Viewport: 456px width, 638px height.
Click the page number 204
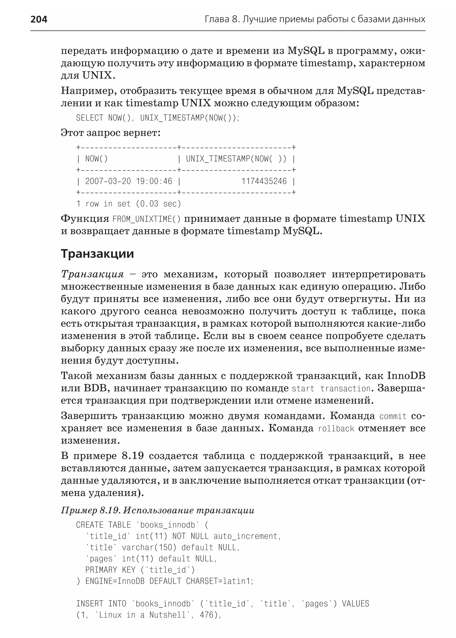[39, 19]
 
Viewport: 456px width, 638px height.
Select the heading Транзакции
[97, 254]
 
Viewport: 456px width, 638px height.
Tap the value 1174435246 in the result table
[264, 181]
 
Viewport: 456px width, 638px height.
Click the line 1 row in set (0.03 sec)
[129, 204]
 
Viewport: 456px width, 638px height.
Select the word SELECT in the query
[90, 118]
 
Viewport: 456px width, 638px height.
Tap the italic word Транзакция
[92, 274]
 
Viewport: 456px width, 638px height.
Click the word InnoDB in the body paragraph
[406, 376]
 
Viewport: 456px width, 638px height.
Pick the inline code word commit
[393, 416]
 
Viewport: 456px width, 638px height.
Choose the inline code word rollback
[336, 429]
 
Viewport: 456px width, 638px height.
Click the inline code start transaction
[331, 389]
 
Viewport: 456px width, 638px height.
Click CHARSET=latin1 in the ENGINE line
[219, 581]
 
